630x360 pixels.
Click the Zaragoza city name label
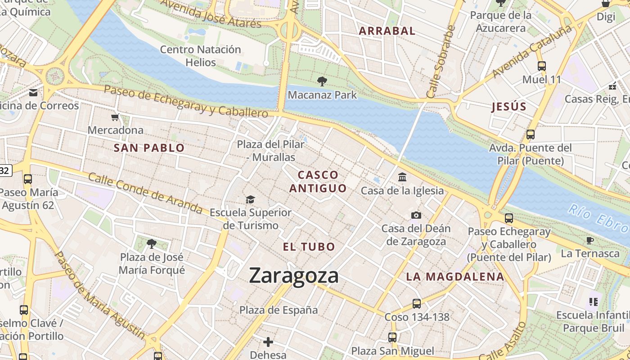[x=293, y=275]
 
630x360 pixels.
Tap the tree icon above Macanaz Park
[x=322, y=81]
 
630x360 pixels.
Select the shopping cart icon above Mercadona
[x=115, y=117]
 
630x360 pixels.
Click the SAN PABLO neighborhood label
[x=149, y=148]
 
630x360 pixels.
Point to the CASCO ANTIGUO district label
[x=318, y=182]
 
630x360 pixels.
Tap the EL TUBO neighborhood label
[x=309, y=247]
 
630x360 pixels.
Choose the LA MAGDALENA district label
[x=455, y=277]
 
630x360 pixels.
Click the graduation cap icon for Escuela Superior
[x=250, y=199]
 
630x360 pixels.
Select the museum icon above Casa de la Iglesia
[x=402, y=177]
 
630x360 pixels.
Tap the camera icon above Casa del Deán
[x=416, y=215]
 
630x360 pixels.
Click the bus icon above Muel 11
[x=542, y=66]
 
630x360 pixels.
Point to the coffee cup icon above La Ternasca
[x=590, y=240]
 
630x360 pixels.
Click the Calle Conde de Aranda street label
[x=145, y=193]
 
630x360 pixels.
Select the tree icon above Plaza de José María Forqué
[x=152, y=244]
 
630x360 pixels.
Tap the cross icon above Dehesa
[x=268, y=342]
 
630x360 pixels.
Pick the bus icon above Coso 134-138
[x=417, y=304]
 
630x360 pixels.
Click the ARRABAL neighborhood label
[x=387, y=31]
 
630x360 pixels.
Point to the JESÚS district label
[x=509, y=107]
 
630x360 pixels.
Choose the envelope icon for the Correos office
[x=33, y=93]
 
